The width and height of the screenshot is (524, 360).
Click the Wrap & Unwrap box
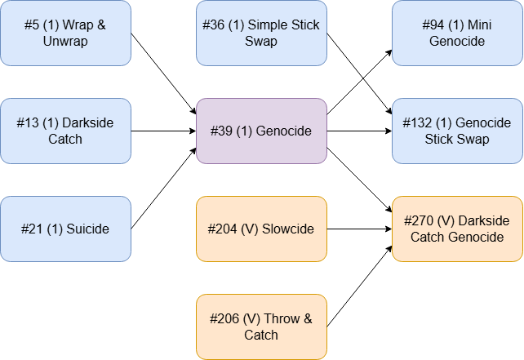[65, 33]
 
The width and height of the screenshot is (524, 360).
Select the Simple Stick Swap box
[261, 33]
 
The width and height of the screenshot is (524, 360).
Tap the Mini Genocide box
[457, 33]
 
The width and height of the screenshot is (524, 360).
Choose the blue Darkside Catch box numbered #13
[65, 131]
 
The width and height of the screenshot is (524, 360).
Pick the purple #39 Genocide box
[261, 131]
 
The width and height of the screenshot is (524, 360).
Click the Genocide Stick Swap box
[457, 131]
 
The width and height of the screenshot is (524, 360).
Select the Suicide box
[65, 229]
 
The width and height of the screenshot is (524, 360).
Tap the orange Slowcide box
[261, 229]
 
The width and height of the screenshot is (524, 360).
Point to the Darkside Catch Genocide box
[457, 229]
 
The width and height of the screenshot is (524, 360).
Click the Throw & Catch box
[261, 327]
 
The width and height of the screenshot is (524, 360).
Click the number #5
[33, 25]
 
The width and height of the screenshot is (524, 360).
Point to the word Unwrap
[65, 42]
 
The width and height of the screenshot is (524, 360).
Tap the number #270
[420, 221]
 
